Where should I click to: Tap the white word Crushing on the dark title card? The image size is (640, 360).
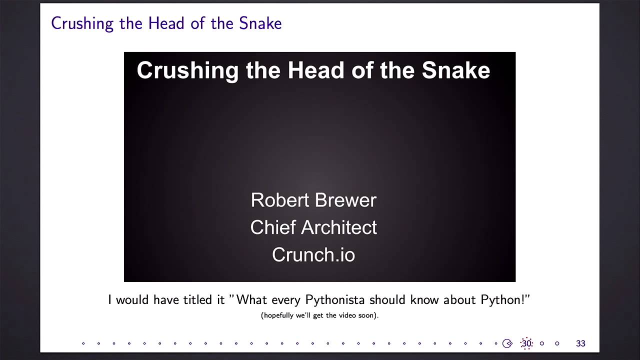coord(187,70)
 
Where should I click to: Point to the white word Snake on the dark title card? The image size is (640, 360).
coord(455,70)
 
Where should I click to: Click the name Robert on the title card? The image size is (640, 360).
coord(280,200)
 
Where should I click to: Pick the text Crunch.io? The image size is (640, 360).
coord(313,254)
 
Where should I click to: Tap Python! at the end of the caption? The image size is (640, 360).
coord(504,300)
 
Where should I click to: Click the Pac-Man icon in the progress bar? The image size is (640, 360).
coord(507,343)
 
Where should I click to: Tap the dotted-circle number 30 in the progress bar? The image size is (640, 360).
coord(526,343)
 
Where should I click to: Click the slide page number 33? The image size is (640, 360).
coord(580,343)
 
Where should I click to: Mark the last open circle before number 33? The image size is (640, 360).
coord(557,343)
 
